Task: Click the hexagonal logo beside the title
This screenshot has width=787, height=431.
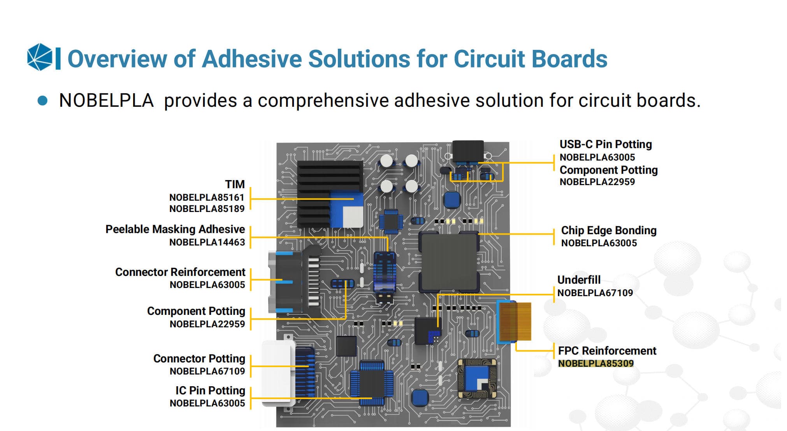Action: pos(40,57)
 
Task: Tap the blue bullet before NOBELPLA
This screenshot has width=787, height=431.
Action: pos(42,101)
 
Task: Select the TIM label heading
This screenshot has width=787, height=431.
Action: pos(235,184)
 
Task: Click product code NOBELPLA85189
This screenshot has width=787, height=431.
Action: pos(207,209)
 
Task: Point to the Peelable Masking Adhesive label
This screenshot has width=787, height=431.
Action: pos(175,229)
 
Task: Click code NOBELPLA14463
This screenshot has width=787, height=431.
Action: pos(207,242)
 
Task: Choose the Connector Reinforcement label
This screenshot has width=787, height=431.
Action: pos(180,272)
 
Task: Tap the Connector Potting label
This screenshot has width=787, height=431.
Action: pos(199,359)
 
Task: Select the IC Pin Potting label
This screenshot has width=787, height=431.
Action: pos(210,390)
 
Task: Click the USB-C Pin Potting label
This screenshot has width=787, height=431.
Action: pos(606,144)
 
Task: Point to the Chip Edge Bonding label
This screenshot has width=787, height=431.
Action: pos(609,230)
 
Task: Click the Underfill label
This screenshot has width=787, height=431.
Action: pos(579,280)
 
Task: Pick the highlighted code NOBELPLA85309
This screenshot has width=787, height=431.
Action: pos(596,363)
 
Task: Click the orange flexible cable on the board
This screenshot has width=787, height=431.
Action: pos(515,321)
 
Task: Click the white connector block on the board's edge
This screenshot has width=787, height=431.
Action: pos(277,372)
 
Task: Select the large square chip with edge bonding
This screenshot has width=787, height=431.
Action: pos(449,262)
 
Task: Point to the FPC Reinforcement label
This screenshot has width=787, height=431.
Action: pos(607,351)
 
